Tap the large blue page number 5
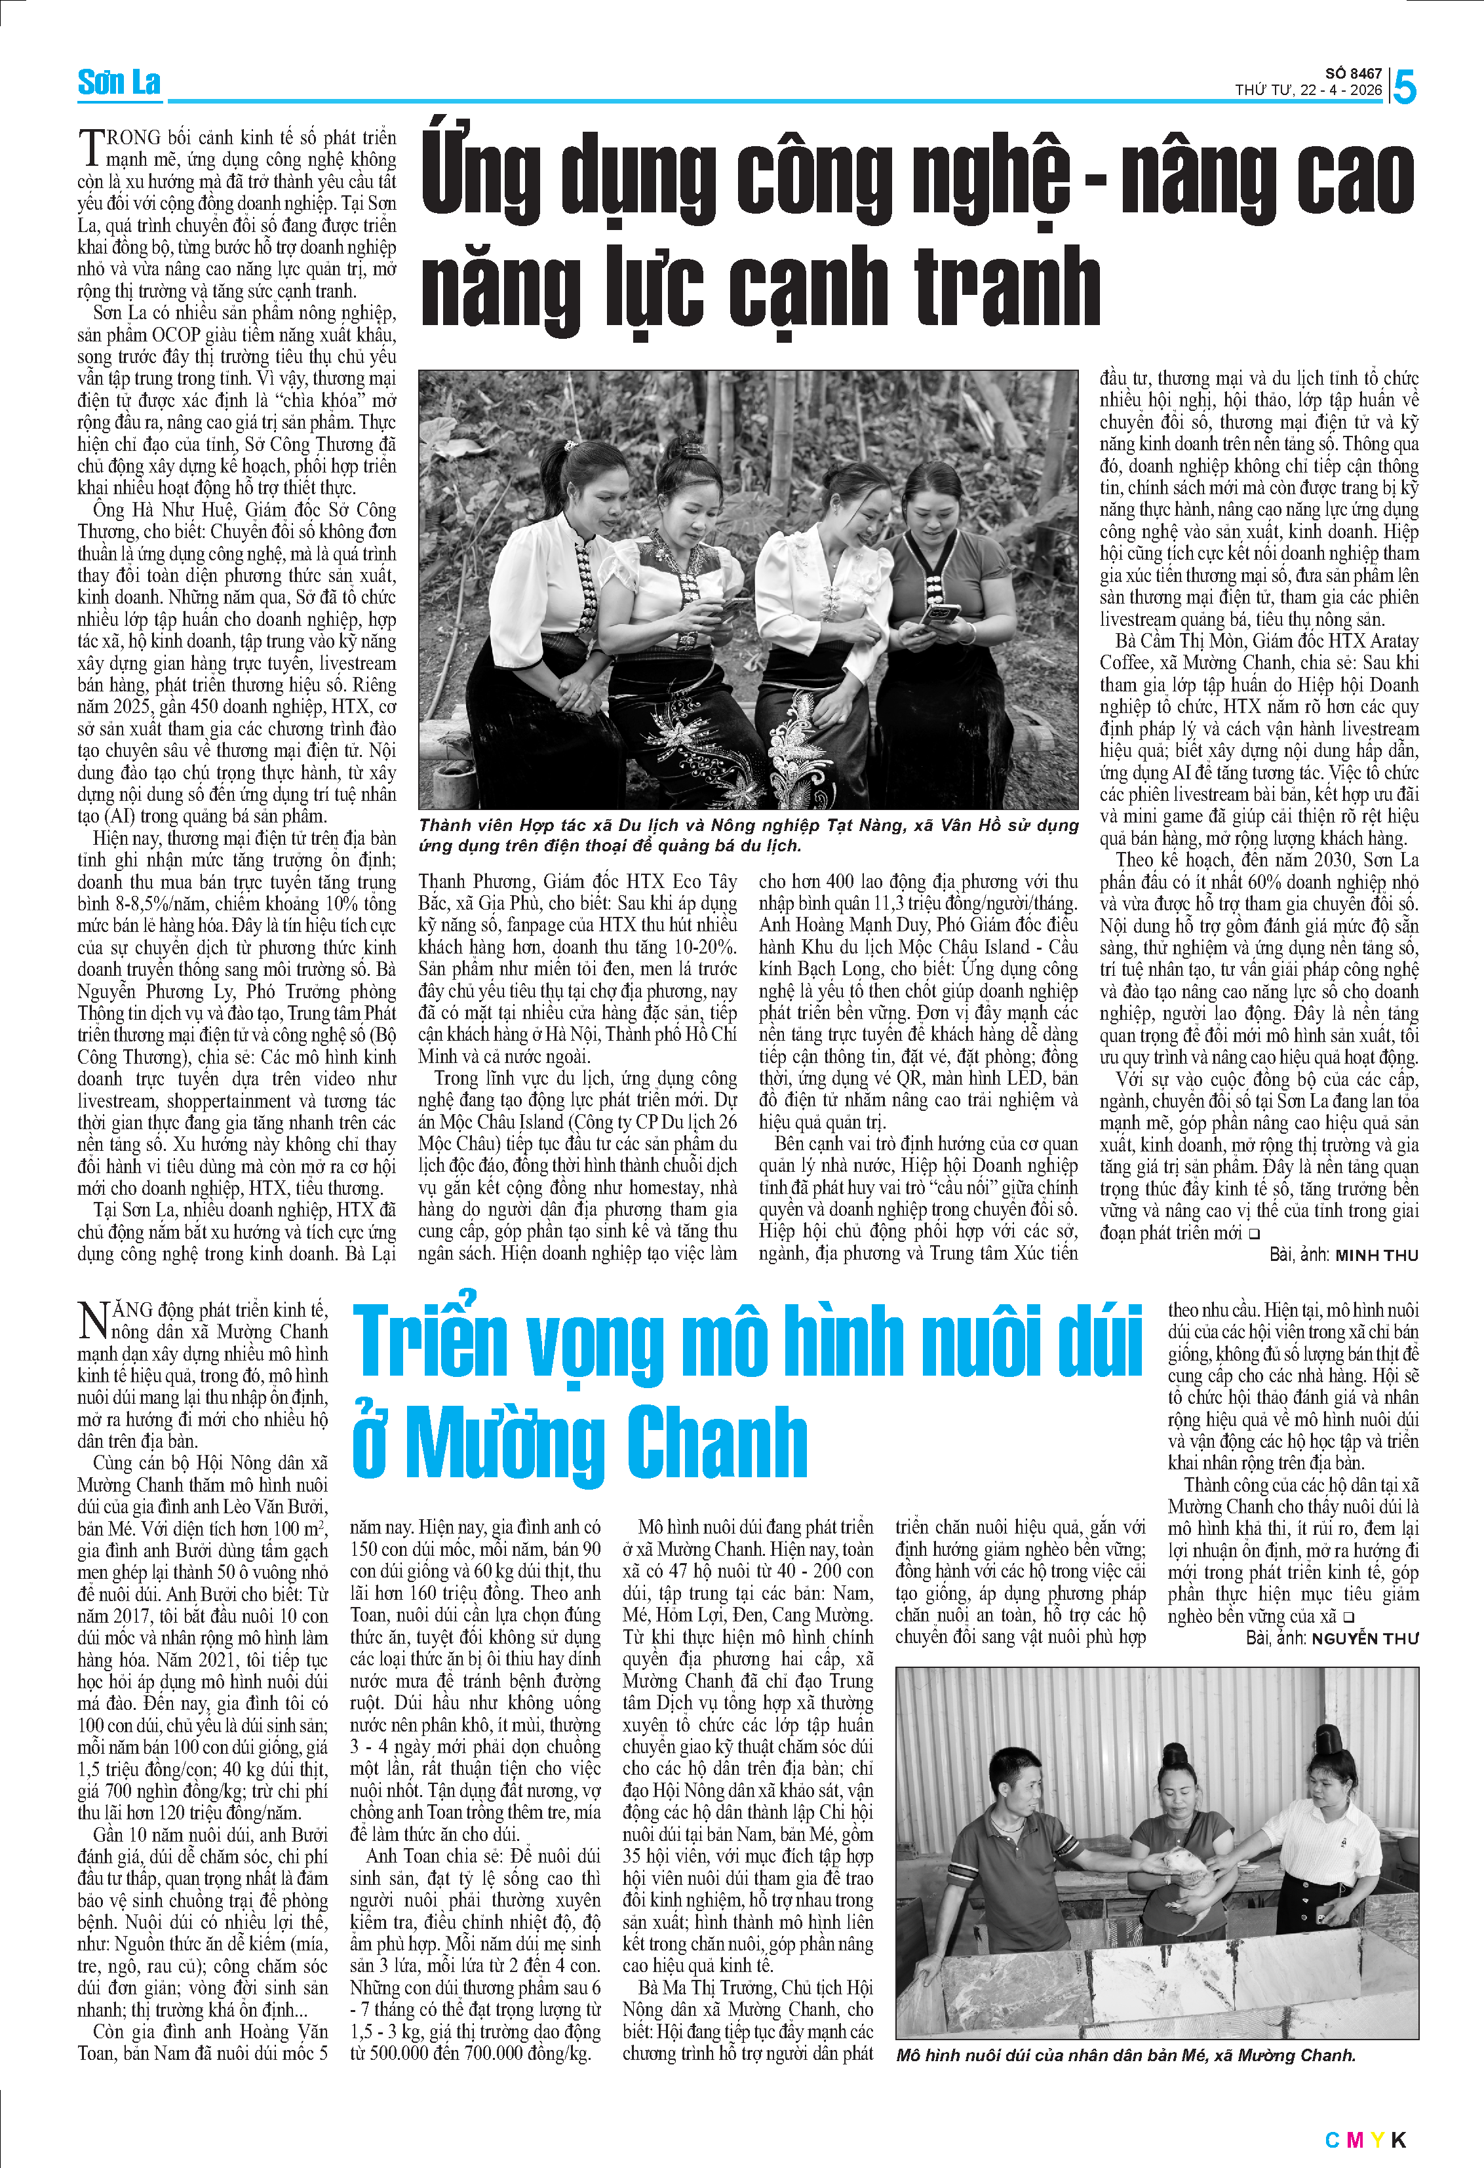1404,88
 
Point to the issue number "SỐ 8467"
1354,73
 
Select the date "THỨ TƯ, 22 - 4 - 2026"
1308,90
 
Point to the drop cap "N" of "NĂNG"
93,1321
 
